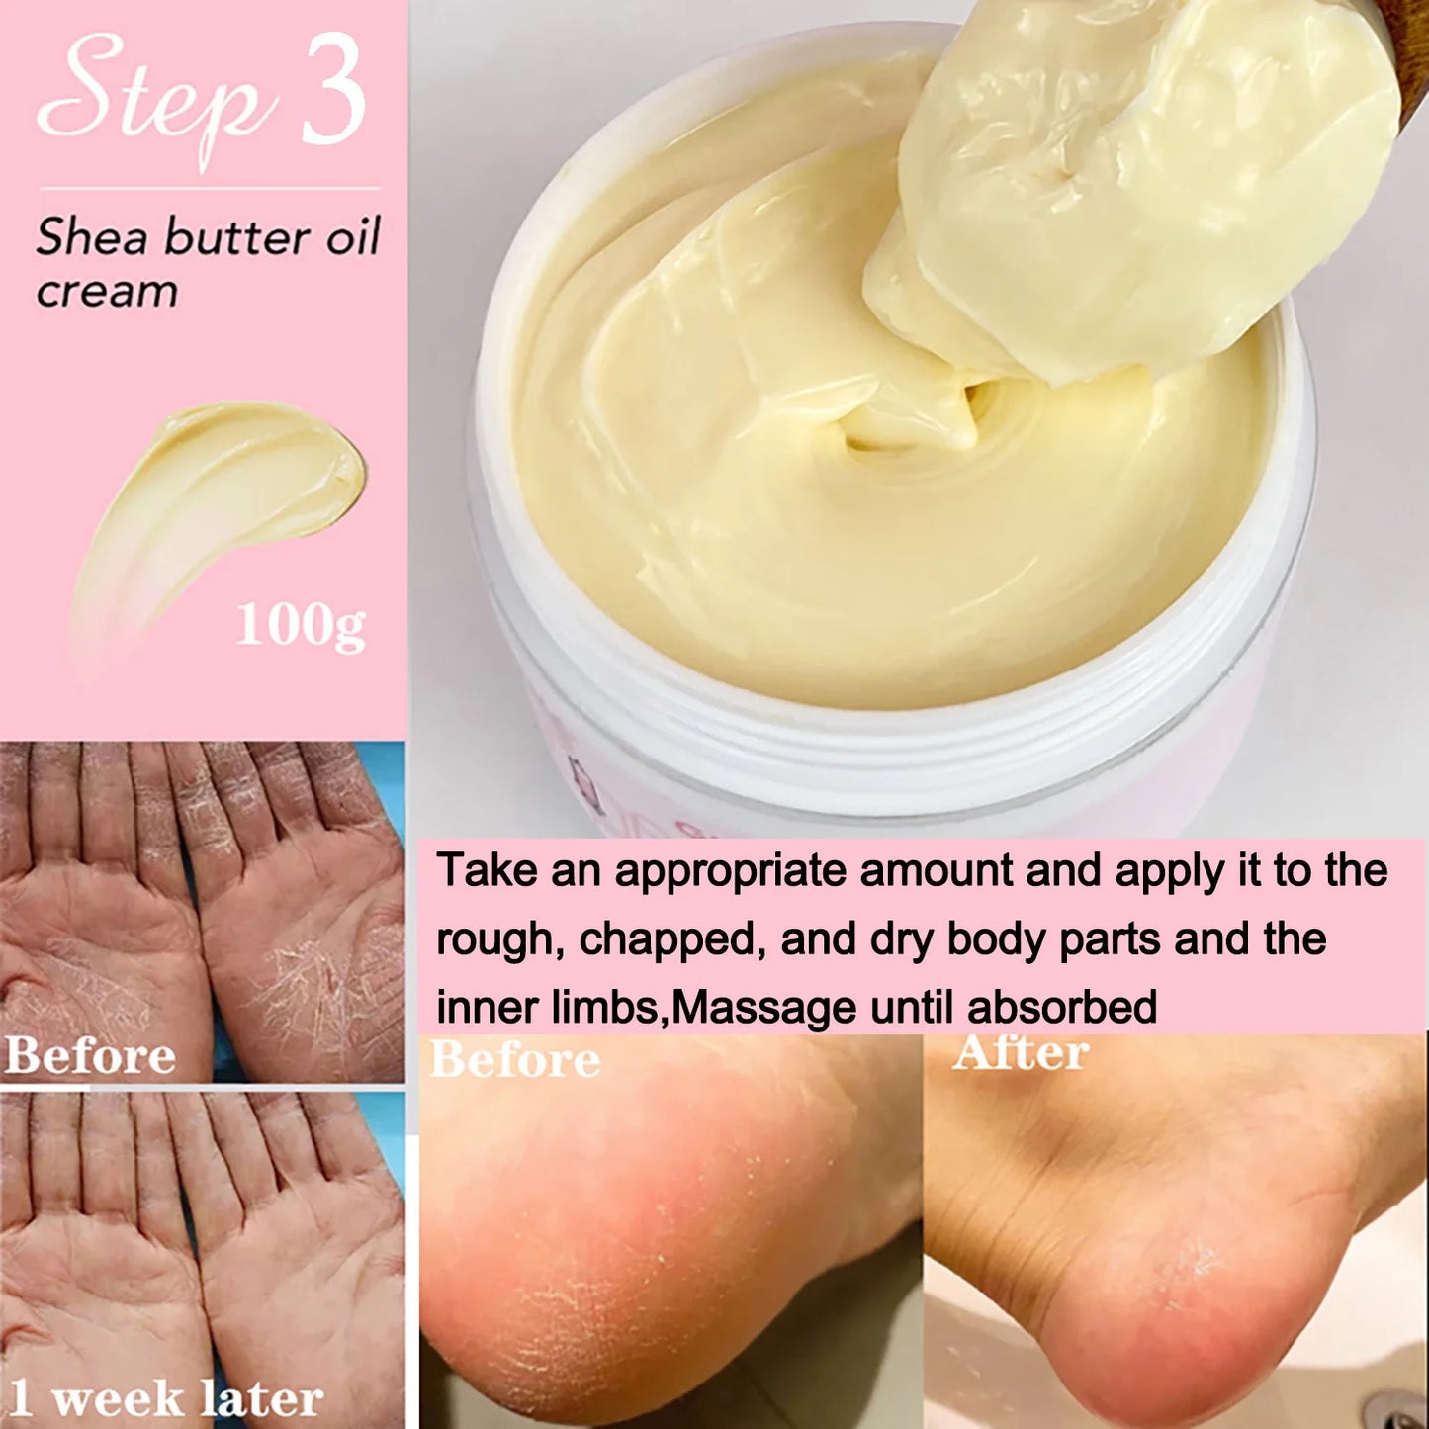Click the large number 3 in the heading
tap(333, 91)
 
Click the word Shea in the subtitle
tap(91, 238)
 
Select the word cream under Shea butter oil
tap(107, 292)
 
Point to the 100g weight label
tap(301, 626)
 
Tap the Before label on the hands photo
tap(91, 1055)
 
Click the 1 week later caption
tap(166, 1398)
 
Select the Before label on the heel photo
tap(515, 1060)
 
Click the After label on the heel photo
tap(1021, 1052)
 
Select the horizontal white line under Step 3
tap(209, 188)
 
